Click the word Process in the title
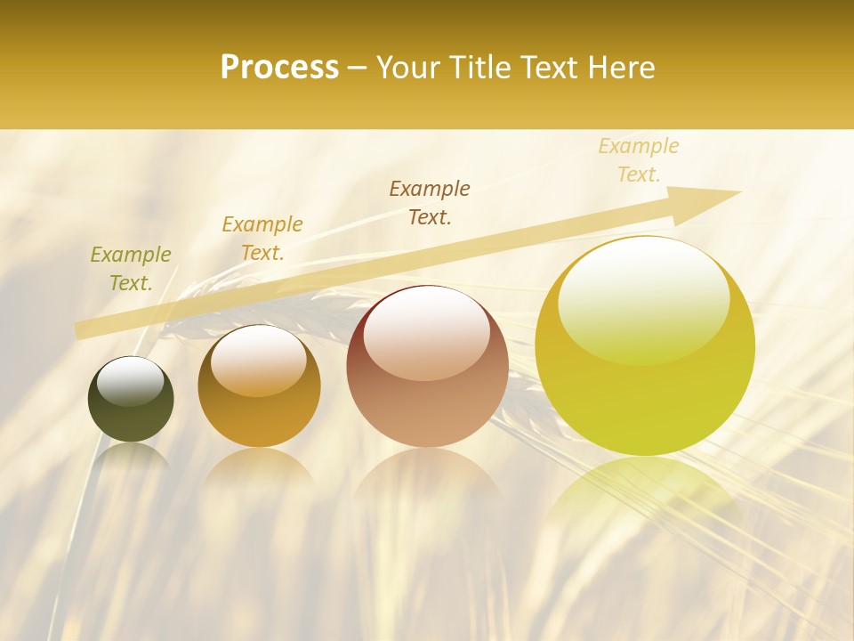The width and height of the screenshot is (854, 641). (x=279, y=68)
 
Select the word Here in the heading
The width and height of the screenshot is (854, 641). (x=622, y=68)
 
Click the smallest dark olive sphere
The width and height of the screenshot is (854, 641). (x=131, y=399)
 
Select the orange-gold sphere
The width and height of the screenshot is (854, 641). (x=259, y=386)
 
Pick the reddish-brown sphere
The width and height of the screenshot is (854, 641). (x=427, y=367)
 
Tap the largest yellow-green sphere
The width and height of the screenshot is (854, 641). (x=645, y=345)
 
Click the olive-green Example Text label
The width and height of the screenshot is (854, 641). (x=131, y=269)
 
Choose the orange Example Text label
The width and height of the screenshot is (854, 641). (x=262, y=239)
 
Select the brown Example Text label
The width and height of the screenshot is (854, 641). (x=430, y=202)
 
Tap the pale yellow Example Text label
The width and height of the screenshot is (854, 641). (x=639, y=160)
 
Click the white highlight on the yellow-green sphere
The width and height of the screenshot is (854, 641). (x=644, y=298)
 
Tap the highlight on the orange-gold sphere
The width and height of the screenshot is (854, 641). (x=259, y=361)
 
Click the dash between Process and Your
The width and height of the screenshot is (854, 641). (x=357, y=68)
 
